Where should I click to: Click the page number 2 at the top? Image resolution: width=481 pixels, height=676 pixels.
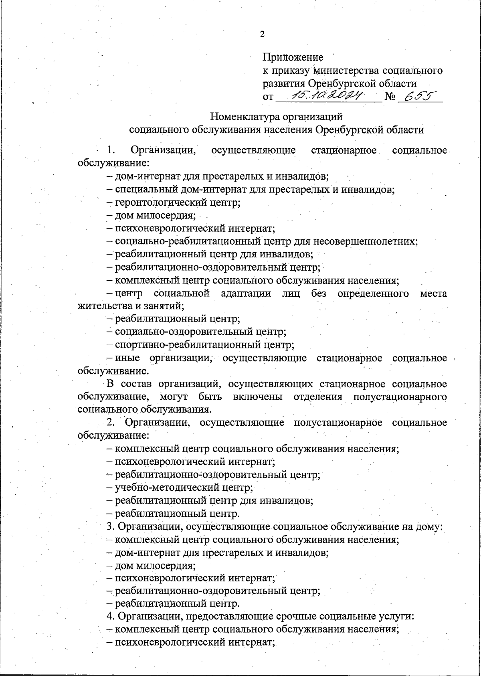[x=262, y=34]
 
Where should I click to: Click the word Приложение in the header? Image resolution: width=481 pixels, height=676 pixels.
[x=293, y=57]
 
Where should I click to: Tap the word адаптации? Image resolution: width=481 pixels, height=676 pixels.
[x=245, y=293]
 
